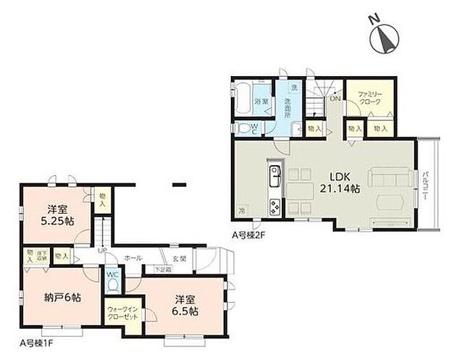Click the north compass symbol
tap(384, 38)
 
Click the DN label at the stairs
tap(335, 99)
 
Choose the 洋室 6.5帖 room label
tap(185, 306)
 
